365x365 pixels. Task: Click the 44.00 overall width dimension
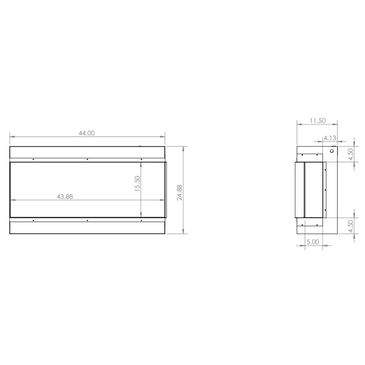pos(87,133)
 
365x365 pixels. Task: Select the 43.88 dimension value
pos(65,196)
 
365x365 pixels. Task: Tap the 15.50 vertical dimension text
pos(137,183)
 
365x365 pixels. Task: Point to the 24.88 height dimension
pos(179,193)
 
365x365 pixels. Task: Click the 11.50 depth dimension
pos(317,121)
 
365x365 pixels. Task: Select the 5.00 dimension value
pos(313,241)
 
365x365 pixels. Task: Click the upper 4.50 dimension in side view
pos(350,155)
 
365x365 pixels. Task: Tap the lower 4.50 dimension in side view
pos(350,226)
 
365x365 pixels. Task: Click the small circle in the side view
pos(332,151)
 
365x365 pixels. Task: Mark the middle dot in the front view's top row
pos(87,159)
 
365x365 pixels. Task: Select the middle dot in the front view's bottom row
pos(87,220)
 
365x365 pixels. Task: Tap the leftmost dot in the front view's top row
pos(33,159)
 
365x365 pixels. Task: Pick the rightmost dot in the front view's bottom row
pos(141,220)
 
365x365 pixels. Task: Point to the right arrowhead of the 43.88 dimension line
pos(163,200)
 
